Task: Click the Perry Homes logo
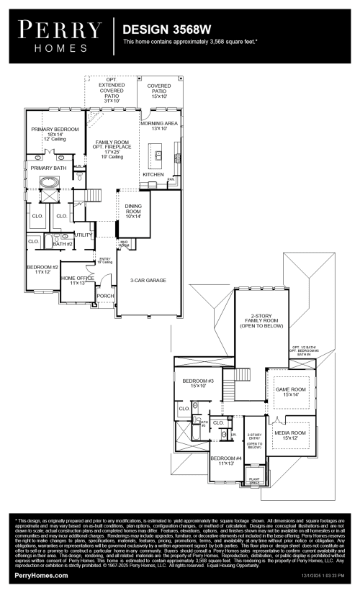click(x=60, y=35)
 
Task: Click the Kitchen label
click(x=153, y=175)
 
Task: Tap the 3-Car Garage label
click(x=149, y=280)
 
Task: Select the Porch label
click(x=106, y=295)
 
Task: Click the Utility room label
click(x=84, y=235)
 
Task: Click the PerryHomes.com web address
click(x=42, y=576)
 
